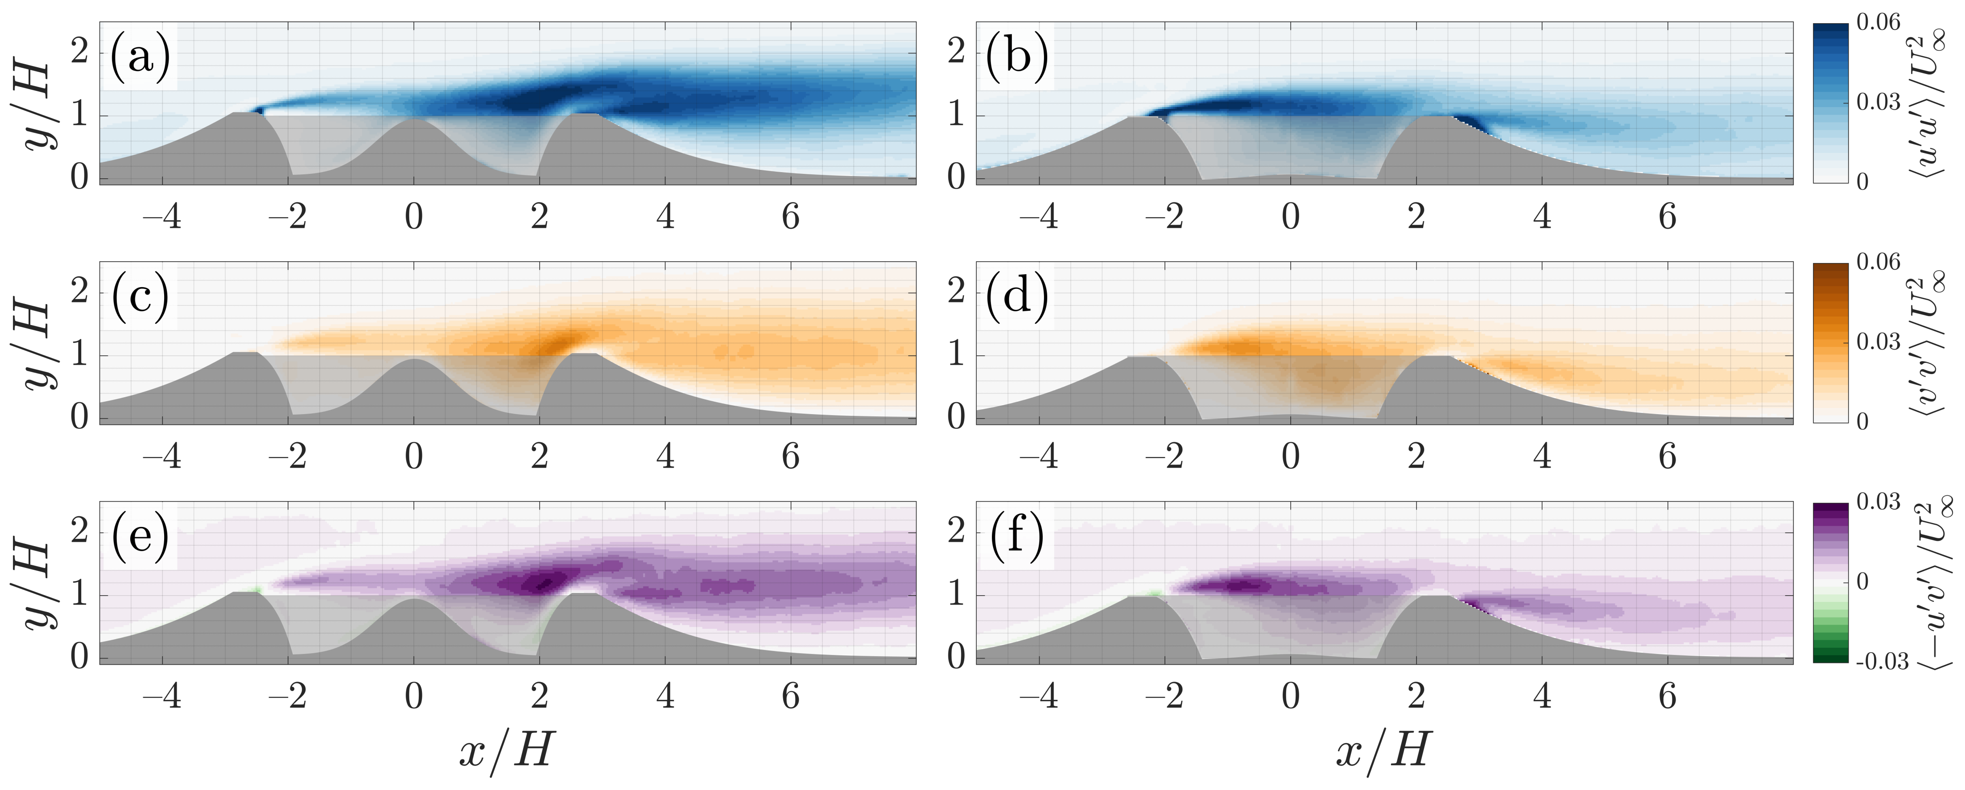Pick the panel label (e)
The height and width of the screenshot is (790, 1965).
[140, 536]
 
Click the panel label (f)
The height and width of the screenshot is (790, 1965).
[1017, 536]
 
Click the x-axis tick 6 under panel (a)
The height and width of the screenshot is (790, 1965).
[790, 217]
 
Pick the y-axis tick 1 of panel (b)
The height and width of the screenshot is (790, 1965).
[956, 116]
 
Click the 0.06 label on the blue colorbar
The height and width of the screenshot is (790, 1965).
[1878, 23]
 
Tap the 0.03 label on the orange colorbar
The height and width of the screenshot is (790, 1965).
[1878, 342]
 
